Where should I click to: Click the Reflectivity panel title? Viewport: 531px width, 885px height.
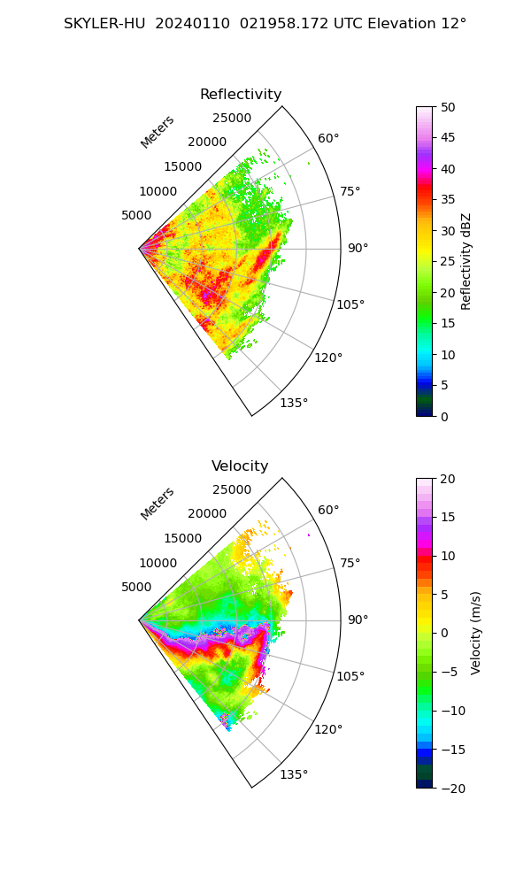click(241, 95)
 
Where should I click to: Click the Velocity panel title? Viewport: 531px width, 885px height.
click(240, 466)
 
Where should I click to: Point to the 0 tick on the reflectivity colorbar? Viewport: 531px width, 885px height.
click(445, 416)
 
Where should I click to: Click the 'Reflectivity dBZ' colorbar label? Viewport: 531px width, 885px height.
click(466, 261)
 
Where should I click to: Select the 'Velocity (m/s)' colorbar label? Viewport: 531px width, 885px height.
click(476, 633)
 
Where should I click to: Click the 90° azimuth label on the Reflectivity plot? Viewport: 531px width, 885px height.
click(358, 249)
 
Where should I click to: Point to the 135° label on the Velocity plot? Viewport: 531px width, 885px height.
click(294, 774)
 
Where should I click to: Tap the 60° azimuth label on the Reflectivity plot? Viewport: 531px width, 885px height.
click(328, 139)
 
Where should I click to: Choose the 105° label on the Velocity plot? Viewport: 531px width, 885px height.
click(350, 676)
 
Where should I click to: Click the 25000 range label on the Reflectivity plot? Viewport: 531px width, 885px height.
click(232, 119)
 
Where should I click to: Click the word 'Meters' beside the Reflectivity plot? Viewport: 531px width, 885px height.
click(158, 132)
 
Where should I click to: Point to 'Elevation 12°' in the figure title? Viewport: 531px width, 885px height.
click(412, 24)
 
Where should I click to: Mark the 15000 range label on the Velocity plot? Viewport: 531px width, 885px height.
click(182, 538)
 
